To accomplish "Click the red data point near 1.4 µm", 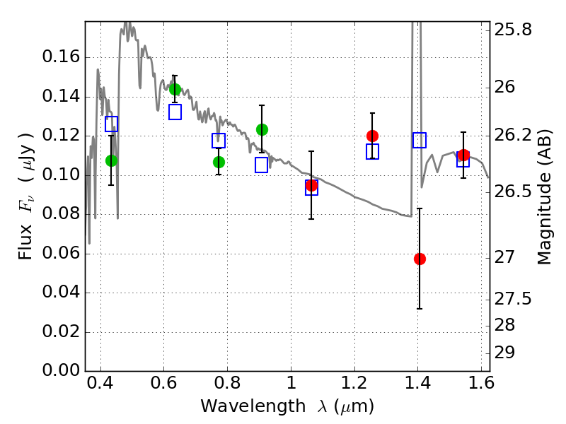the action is click(x=420, y=259).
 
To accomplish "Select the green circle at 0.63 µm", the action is click(x=175, y=89).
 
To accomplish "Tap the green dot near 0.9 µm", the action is click(x=262, y=129).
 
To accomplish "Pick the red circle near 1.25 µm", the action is click(x=372, y=136).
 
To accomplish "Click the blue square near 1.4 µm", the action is click(x=420, y=140).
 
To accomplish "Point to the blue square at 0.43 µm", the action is click(x=111, y=124).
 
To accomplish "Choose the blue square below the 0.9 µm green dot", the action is click(x=261, y=165).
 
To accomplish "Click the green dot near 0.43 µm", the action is click(x=112, y=161).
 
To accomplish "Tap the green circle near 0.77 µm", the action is click(x=219, y=163).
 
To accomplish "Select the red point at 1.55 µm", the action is click(x=463, y=155).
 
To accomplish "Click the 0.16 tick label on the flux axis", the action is click(x=61, y=57).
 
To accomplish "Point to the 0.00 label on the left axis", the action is click(x=61, y=370).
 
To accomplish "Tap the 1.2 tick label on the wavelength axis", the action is click(x=354, y=383).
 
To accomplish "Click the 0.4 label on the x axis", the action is click(x=100, y=383).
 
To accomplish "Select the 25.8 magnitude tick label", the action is click(x=512, y=30).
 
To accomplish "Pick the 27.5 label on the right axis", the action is click(x=512, y=299).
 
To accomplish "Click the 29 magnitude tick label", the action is click(x=504, y=353).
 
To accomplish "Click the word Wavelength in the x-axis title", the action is click(x=253, y=406).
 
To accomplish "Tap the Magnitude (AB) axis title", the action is click(x=544, y=197).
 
